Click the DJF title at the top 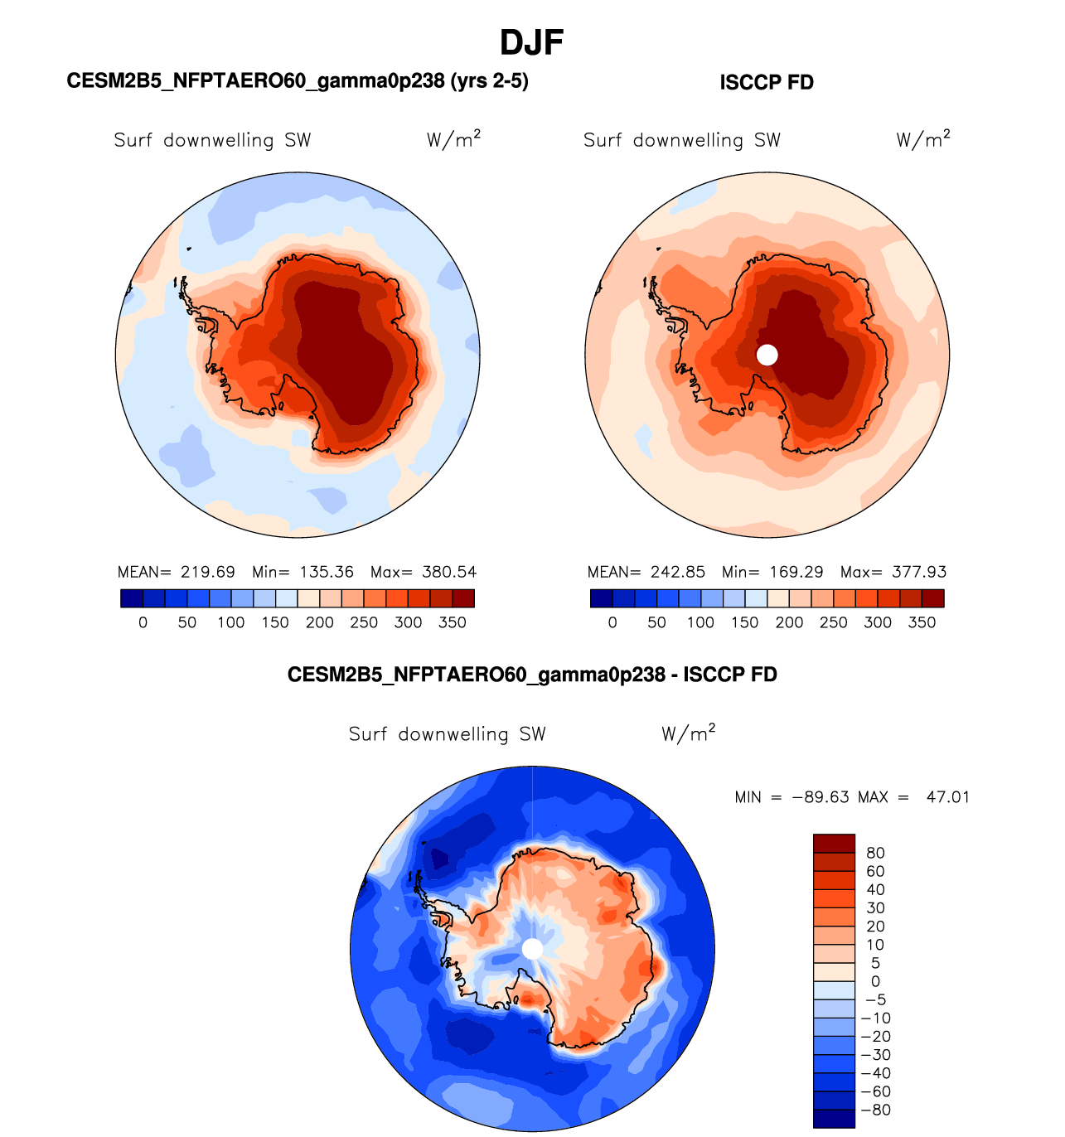pyautogui.click(x=532, y=43)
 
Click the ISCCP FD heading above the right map pyautogui.click(x=767, y=83)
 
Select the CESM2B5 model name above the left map pyautogui.click(x=298, y=81)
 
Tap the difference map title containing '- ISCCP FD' pyautogui.click(x=532, y=675)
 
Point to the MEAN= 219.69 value pyautogui.click(x=177, y=572)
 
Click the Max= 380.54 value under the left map pyautogui.click(x=424, y=572)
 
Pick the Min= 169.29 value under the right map pyautogui.click(x=772, y=572)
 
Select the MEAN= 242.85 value pyautogui.click(x=646, y=572)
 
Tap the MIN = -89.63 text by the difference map pyautogui.click(x=791, y=797)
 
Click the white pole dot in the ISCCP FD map pyautogui.click(x=767, y=355)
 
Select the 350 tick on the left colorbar pyautogui.click(x=453, y=622)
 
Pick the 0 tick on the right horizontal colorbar pyautogui.click(x=612, y=622)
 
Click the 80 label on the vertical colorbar pyautogui.click(x=875, y=853)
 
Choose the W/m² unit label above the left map pyautogui.click(x=453, y=139)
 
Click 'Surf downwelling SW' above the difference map pyautogui.click(x=448, y=734)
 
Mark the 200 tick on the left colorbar pyautogui.click(x=320, y=622)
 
